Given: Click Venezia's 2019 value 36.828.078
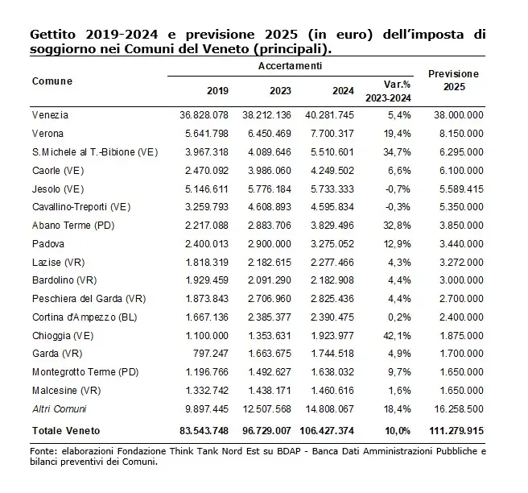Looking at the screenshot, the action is pyautogui.click(x=204, y=115).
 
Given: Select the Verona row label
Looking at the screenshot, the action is pyautogui.click(x=47, y=134).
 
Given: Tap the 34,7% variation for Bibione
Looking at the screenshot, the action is pyautogui.click(x=397, y=152).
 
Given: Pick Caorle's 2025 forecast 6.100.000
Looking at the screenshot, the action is pyautogui.click(x=461, y=171).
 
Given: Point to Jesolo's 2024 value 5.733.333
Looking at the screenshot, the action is pyautogui.click(x=332, y=189).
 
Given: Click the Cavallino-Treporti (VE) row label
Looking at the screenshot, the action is pyautogui.click(x=81, y=207).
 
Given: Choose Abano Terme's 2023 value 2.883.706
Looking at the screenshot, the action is pyautogui.click(x=270, y=226).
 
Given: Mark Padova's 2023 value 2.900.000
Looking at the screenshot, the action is pyautogui.click(x=270, y=244).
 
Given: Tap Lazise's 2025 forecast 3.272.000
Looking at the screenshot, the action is pyautogui.click(x=461, y=263).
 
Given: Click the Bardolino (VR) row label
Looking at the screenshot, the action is pyautogui.click(x=64, y=280).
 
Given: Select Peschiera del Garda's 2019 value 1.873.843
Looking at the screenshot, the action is pyautogui.click(x=207, y=299).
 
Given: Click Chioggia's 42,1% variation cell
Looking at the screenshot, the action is pyautogui.click(x=397, y=336).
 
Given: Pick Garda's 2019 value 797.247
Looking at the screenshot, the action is pyautogui.click(x=210, y=354).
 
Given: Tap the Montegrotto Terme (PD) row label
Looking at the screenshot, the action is pyautogui.click(x=85, y=372).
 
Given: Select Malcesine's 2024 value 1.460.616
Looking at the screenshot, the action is pyautogui.click(x=332, y=391).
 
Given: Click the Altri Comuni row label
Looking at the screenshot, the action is pyautogui.click(x=60, y=409).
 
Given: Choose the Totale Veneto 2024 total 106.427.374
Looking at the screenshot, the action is pyautogui.click(x=327, y=431).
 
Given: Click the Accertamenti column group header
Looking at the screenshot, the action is pyautogui.click(x=291, y=66).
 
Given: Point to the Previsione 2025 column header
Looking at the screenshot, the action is pyautogui.click(x=454, y=81).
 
